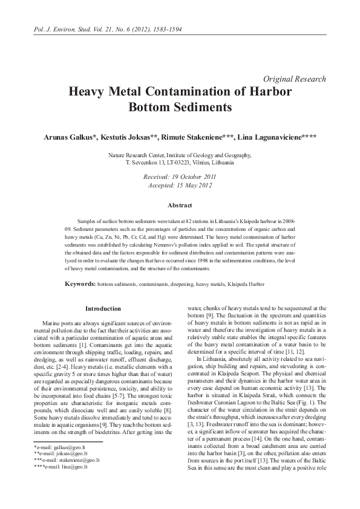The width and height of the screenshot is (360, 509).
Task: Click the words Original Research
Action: [x=295, y=79]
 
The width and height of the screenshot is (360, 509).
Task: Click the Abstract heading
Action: [x=180, y=206]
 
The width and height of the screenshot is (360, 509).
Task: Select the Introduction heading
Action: [x=103, y=309]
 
